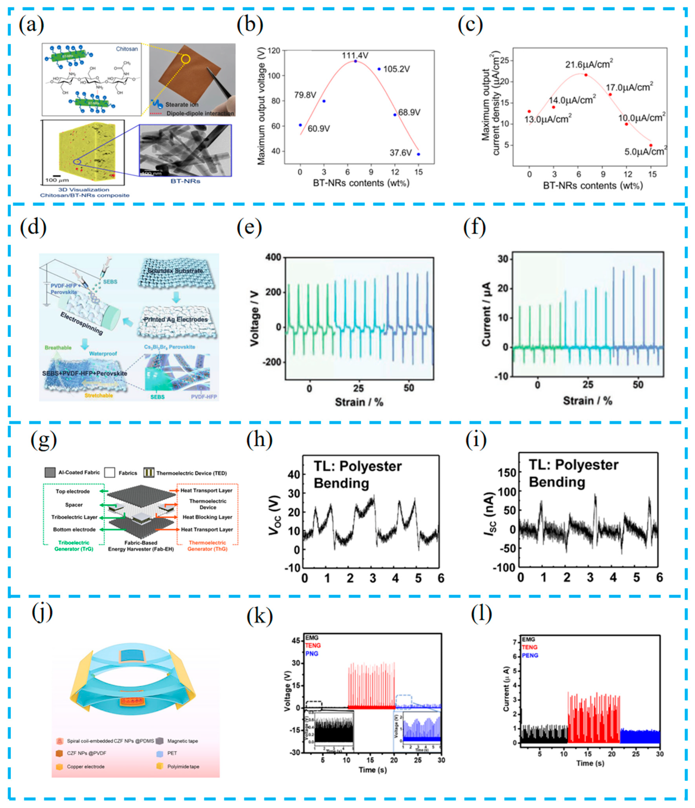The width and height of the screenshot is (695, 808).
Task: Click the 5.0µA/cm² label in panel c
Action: tap(646, 151)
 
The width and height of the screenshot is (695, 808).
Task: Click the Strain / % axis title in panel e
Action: tap(359, 402)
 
